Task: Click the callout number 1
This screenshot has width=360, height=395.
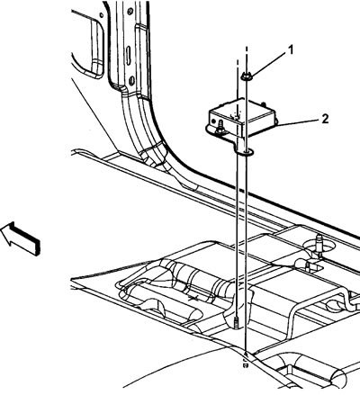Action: tap(290, 50)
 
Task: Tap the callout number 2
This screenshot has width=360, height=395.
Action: tap(325, 119)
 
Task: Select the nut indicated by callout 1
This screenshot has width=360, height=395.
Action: tap(247, 77)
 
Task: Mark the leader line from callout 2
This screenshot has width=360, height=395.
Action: tap(298, 123)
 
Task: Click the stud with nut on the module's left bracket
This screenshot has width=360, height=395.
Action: tap(219, 127)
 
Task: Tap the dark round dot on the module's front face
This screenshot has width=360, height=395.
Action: tap(213, 121)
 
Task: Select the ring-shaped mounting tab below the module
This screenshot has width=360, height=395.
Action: tap(245, 152)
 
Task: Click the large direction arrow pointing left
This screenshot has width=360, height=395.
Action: tap(21, 238)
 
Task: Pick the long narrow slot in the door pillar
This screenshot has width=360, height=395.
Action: tap(128, 55)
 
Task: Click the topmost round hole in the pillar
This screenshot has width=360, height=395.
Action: tap(130, 12)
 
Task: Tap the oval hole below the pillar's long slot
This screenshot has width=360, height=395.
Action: tap(131, 81)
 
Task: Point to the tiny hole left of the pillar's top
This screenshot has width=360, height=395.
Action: tap(102, 14)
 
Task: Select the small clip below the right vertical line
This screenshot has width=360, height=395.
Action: tap(246, 364)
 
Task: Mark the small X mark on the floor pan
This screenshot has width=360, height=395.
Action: tap(193, 298)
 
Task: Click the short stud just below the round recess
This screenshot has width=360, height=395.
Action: tap(308, 266)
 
